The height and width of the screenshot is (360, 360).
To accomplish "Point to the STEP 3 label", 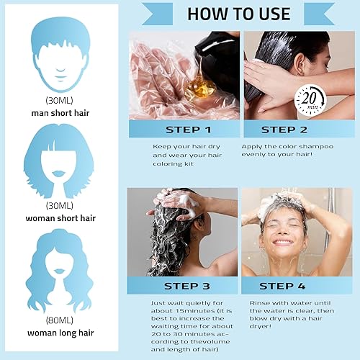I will pyautogui.click(x=183, y=286).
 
